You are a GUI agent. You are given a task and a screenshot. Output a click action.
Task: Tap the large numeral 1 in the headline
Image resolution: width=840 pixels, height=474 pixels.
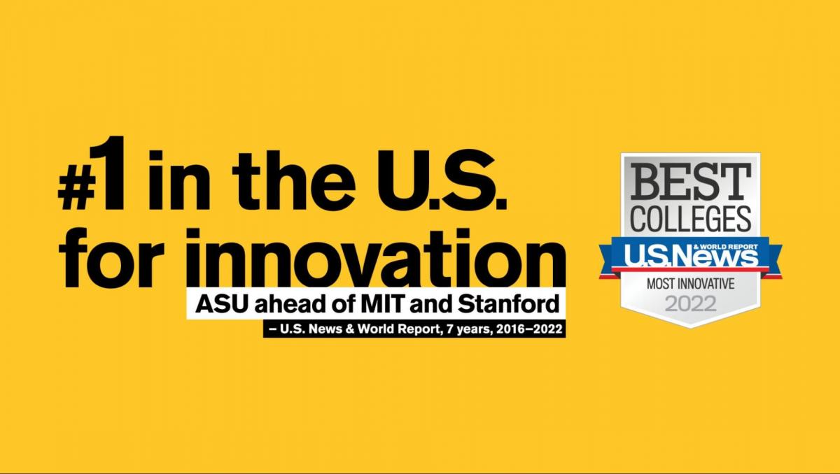tap(109, 172)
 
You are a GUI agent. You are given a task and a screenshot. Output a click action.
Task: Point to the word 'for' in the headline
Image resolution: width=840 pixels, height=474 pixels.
tap(112, 257)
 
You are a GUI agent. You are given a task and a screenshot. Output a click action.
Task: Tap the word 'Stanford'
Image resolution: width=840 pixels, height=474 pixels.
tap(508, 303)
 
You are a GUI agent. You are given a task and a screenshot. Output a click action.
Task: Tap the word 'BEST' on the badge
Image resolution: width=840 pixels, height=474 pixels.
tap(691, 182)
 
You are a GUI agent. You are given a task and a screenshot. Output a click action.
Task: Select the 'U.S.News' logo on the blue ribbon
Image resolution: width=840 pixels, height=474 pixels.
tap(690, 256)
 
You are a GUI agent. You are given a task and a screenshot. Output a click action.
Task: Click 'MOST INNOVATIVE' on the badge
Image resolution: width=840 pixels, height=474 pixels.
tap(691, 284)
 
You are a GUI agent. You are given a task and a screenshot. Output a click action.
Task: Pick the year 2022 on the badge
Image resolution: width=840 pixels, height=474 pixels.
tap(691, 304)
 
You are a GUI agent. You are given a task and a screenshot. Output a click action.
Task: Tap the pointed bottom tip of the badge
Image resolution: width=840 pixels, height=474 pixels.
tap(691, 328)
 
